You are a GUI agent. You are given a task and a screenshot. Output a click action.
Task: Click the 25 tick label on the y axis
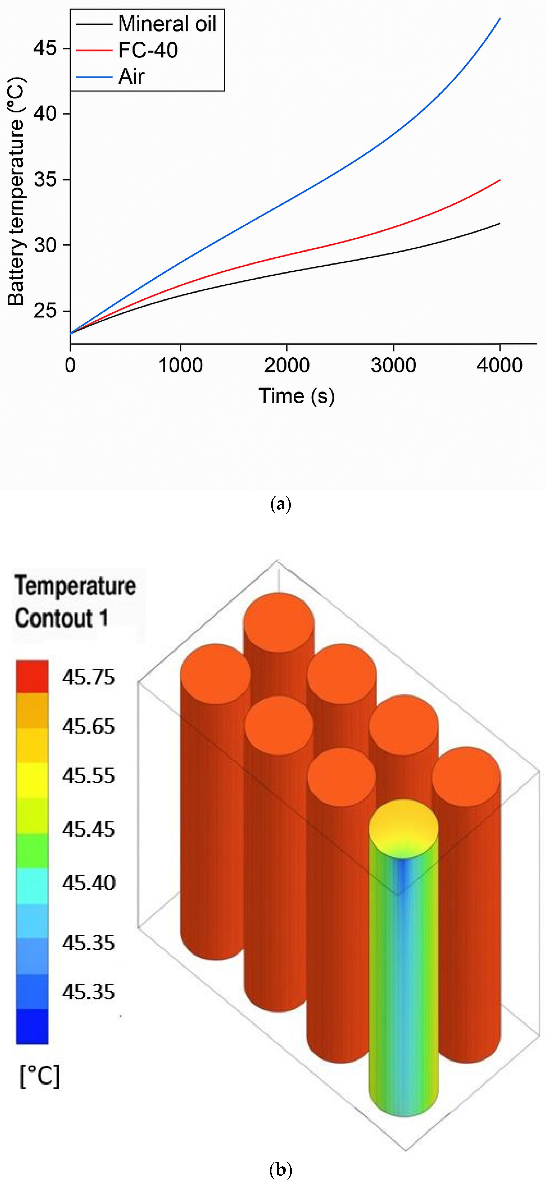[45, 311]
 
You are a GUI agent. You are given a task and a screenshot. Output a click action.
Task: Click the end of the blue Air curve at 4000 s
[500, 18]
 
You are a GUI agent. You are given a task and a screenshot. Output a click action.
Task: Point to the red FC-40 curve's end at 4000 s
[500, 180]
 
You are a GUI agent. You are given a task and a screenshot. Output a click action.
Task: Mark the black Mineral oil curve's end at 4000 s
[500, 223]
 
